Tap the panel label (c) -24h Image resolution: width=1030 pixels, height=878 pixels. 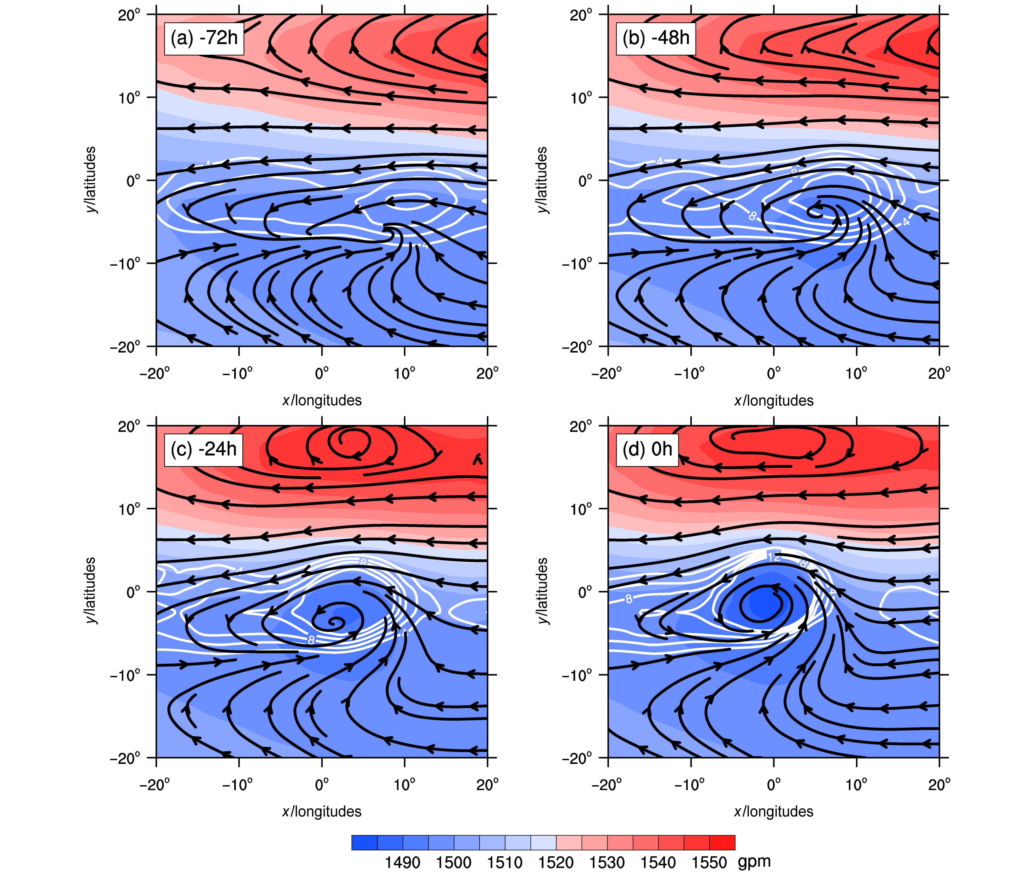point(204,449)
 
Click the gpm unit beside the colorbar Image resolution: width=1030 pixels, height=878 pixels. point(754,861)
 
